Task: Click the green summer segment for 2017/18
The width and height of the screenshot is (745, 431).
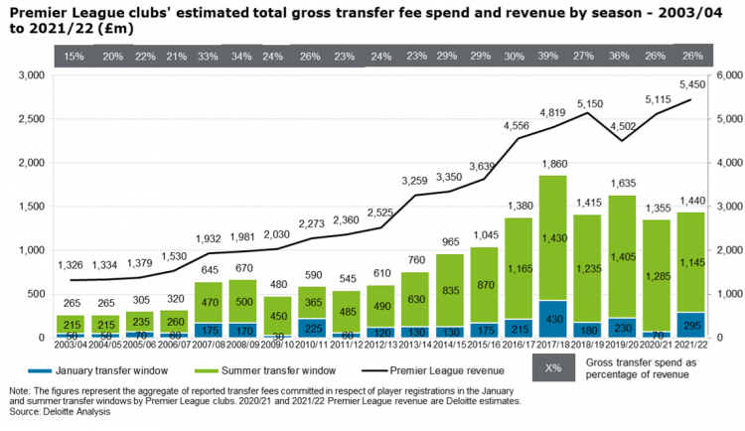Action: [553, 238]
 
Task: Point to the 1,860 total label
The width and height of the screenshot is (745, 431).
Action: [553, 164]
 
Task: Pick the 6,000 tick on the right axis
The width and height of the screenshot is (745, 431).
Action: [728, 75]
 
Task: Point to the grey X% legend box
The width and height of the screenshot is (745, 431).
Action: [553, 369]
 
